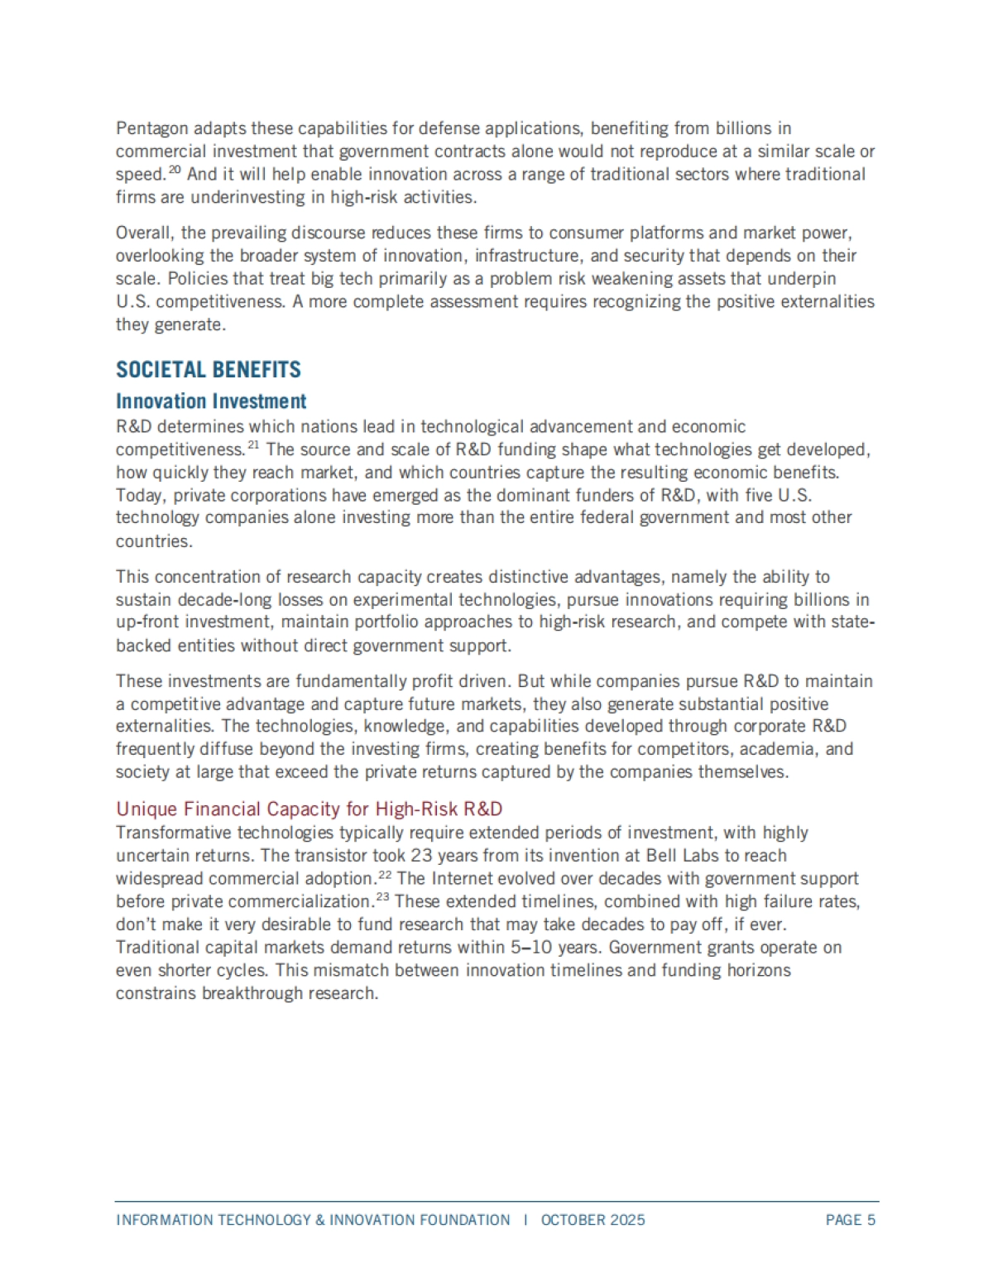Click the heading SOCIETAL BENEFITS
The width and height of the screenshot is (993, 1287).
click(209, 370)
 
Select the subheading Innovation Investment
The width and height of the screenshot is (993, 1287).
click(211, 401)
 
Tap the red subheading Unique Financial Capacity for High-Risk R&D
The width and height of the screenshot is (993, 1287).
click(309, 809)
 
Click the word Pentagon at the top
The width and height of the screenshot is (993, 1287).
click(153, 128)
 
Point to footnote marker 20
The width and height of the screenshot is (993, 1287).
click(175, 170)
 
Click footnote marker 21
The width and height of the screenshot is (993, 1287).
click(253, 446)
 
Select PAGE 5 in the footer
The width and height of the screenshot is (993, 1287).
click(850, 1220)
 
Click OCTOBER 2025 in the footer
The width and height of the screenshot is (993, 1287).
click(592, 1220)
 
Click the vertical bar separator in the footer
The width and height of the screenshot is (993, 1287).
click(525, 1220)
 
